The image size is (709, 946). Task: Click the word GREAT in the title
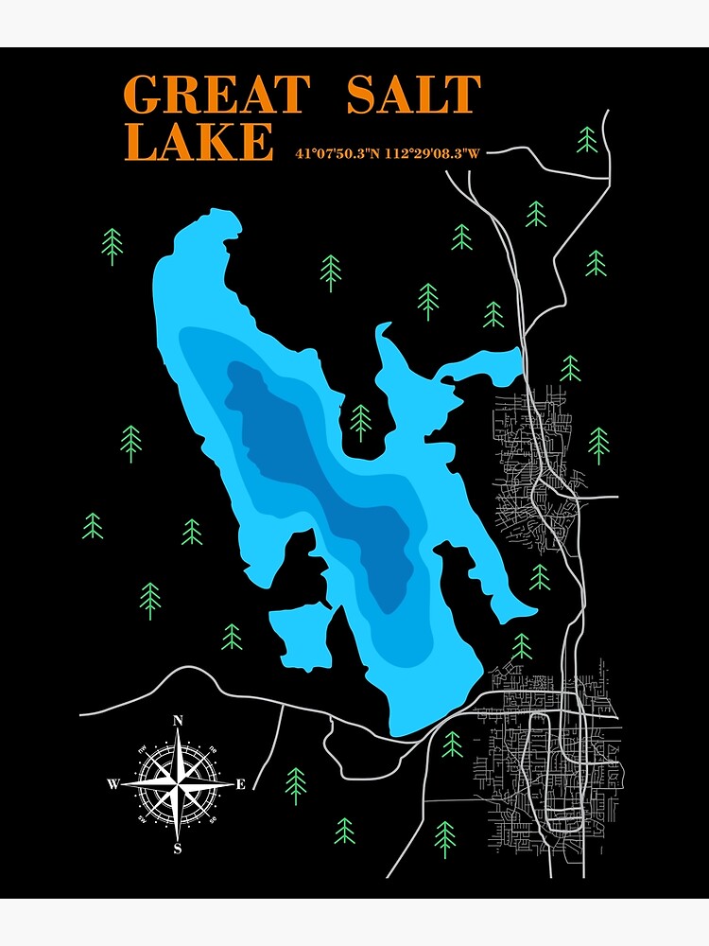click(216, 95)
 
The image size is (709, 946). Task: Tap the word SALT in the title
click(413, 95)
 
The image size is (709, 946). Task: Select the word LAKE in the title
click(199, 142)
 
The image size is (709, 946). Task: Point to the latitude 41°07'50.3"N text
click(336, 152)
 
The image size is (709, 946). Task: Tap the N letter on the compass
click(178, 721)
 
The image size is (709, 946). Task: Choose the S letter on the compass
click(177, 849)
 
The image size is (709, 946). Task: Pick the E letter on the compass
click(240, 784)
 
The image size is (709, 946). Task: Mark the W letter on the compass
click(112, 784)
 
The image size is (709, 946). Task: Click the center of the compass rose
click(177, 784)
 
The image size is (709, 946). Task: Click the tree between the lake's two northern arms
click(360, 421)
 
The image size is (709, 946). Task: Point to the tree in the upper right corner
click(587, 139)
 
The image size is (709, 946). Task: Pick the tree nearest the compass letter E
click(296, 781)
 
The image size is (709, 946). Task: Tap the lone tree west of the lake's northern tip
click(112, 245)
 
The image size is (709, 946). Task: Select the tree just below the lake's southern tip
click(452, 744)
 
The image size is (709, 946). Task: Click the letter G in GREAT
click(145, 95)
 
